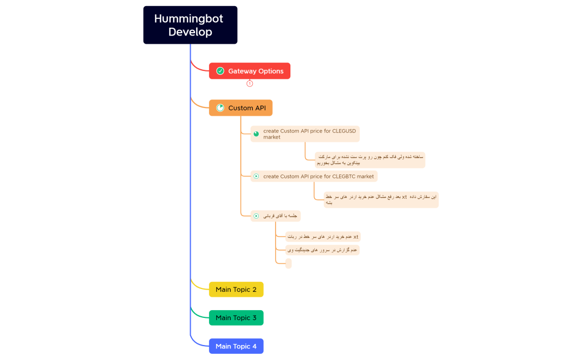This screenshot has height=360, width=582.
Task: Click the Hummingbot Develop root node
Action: (x=190, y=25)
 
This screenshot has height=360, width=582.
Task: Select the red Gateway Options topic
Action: (x=249, y=71)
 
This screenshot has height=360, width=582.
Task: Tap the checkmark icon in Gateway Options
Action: (x=220, y=71)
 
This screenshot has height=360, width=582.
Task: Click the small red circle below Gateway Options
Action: (x=249, y=84)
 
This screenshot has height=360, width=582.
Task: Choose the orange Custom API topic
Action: (x=241, y=108)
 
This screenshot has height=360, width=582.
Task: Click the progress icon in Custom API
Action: (x=220, y=108)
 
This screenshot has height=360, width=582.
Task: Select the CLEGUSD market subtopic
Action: (x=305, y=134)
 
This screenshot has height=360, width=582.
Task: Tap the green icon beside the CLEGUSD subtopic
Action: (x=256, y=134)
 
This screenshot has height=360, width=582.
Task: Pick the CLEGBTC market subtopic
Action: (x=314, y=176)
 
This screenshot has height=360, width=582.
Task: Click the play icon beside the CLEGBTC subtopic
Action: (x=256, y=176)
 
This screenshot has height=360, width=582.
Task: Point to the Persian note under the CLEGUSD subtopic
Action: (x=370, y=160)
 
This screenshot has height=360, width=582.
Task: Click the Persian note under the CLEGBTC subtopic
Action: (x=381, y=199)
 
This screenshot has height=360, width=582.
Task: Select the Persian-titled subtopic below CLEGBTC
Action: (x=275, y=216)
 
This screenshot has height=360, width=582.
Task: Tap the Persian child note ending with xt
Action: (x=323, y=236)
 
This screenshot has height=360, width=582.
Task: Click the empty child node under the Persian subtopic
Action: (x=288, y=264)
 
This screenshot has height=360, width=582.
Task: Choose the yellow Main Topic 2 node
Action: (x=236, y=290)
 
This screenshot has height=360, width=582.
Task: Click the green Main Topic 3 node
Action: (x=236, y=318)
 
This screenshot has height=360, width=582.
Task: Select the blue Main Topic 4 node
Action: (x=236, y=346)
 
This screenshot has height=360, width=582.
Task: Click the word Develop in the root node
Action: (x=190, y=32)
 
